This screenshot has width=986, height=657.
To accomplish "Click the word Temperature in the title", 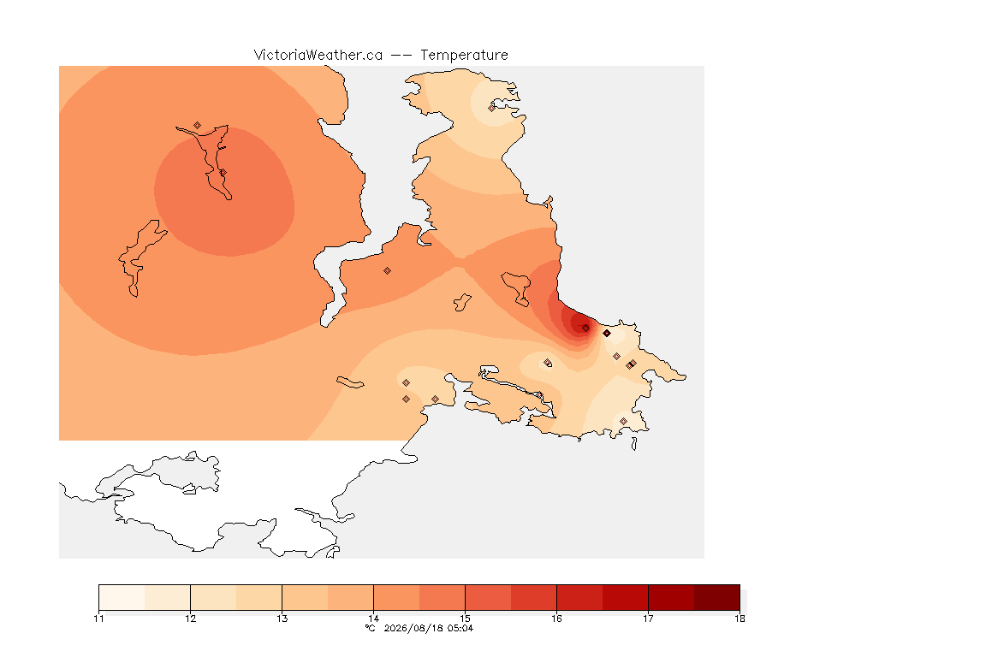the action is pyautogui.click(x=464, y=56).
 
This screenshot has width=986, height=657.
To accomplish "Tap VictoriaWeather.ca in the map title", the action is pyautogui.click(x=318, y=56).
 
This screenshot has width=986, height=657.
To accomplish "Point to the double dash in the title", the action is pyautogui.click(x=401, y=56).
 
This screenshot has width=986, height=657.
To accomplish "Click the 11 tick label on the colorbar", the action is pyautogui.click(x=98, y=619).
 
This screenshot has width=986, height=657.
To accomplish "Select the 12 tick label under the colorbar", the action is pyautogui.click(x=191, y=619).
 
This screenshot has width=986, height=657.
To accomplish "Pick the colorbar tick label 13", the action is pyautogui.click(x=282, y=619).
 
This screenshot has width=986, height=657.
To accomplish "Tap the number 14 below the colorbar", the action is pyautogui.click(x=373, y=619).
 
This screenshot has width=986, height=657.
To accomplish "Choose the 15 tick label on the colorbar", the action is pyautogui.click(x=466, y=619).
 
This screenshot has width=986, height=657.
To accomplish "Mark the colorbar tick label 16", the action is pyautogui.click(x=556, y=619).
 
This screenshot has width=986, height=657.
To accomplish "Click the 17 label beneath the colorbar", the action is pyautogui.click(x=648, y=619).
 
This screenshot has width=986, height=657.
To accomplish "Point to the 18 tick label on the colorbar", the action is pyautogui.click(x=739, y=619).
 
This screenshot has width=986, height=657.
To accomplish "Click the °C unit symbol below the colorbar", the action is pyautogui.click(x=371, y=628).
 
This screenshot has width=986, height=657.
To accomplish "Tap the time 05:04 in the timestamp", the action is pyautogui.click(x=460, y=628).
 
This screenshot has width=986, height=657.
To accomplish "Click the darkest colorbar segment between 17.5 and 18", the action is pyautogui.click(x=717, y=597).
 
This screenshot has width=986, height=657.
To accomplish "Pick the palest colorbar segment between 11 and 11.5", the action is pyautogui.click(x=122, y=597).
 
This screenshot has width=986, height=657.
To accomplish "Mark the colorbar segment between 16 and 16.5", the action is pyautogui.click(x=579, y=597).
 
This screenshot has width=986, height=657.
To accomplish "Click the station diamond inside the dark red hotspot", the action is pyautogui.click(x=585, y=328).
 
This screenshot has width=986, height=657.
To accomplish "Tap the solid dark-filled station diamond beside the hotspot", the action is pyautogui.click(x=607, y=334).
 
